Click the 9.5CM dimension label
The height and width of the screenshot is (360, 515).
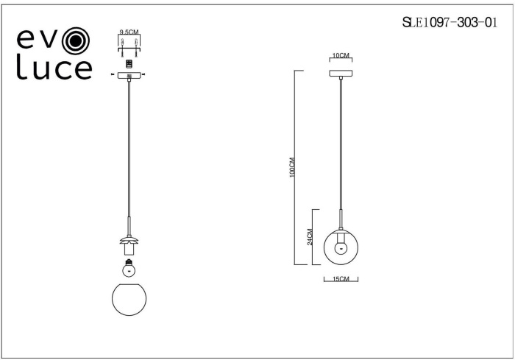(x=129, y=32)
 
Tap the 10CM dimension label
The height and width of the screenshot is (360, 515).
(x=340, y=56)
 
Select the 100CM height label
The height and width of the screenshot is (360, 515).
(x=292, y=168)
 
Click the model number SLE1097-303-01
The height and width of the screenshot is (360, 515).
(x=444, y=23)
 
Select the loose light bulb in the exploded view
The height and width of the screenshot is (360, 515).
(x=129, y=269)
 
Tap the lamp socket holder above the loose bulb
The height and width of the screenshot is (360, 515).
(x=129, y=251)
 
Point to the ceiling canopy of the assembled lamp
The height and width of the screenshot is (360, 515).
(x=341, y=73)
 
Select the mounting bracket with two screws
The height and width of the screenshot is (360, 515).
(x=129, y=46)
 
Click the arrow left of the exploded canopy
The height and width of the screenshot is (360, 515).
(x=113, y=75)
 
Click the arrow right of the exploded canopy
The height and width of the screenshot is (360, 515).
(x=145, y=75)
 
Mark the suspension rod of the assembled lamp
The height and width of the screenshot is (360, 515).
(x=341, y=147)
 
